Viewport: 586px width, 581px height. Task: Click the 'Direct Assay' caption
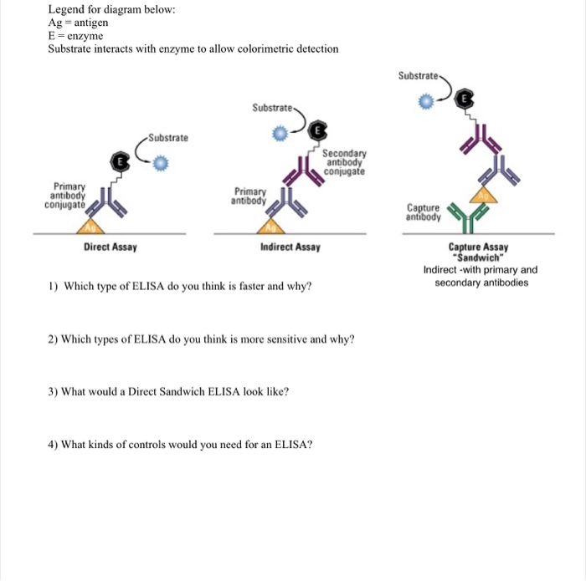click(111, 247)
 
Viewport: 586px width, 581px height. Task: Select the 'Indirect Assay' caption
click(290, 247)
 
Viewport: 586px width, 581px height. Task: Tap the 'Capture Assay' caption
click(478, 247)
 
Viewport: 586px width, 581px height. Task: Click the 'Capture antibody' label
click(424, 212)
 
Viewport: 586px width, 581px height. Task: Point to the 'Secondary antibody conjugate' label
click(345, 162)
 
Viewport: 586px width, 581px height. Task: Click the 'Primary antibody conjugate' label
click(65, 196)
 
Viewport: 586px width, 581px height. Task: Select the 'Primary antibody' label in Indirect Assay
click(250, 196)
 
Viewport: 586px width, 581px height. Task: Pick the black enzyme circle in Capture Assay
click(465, 99)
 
